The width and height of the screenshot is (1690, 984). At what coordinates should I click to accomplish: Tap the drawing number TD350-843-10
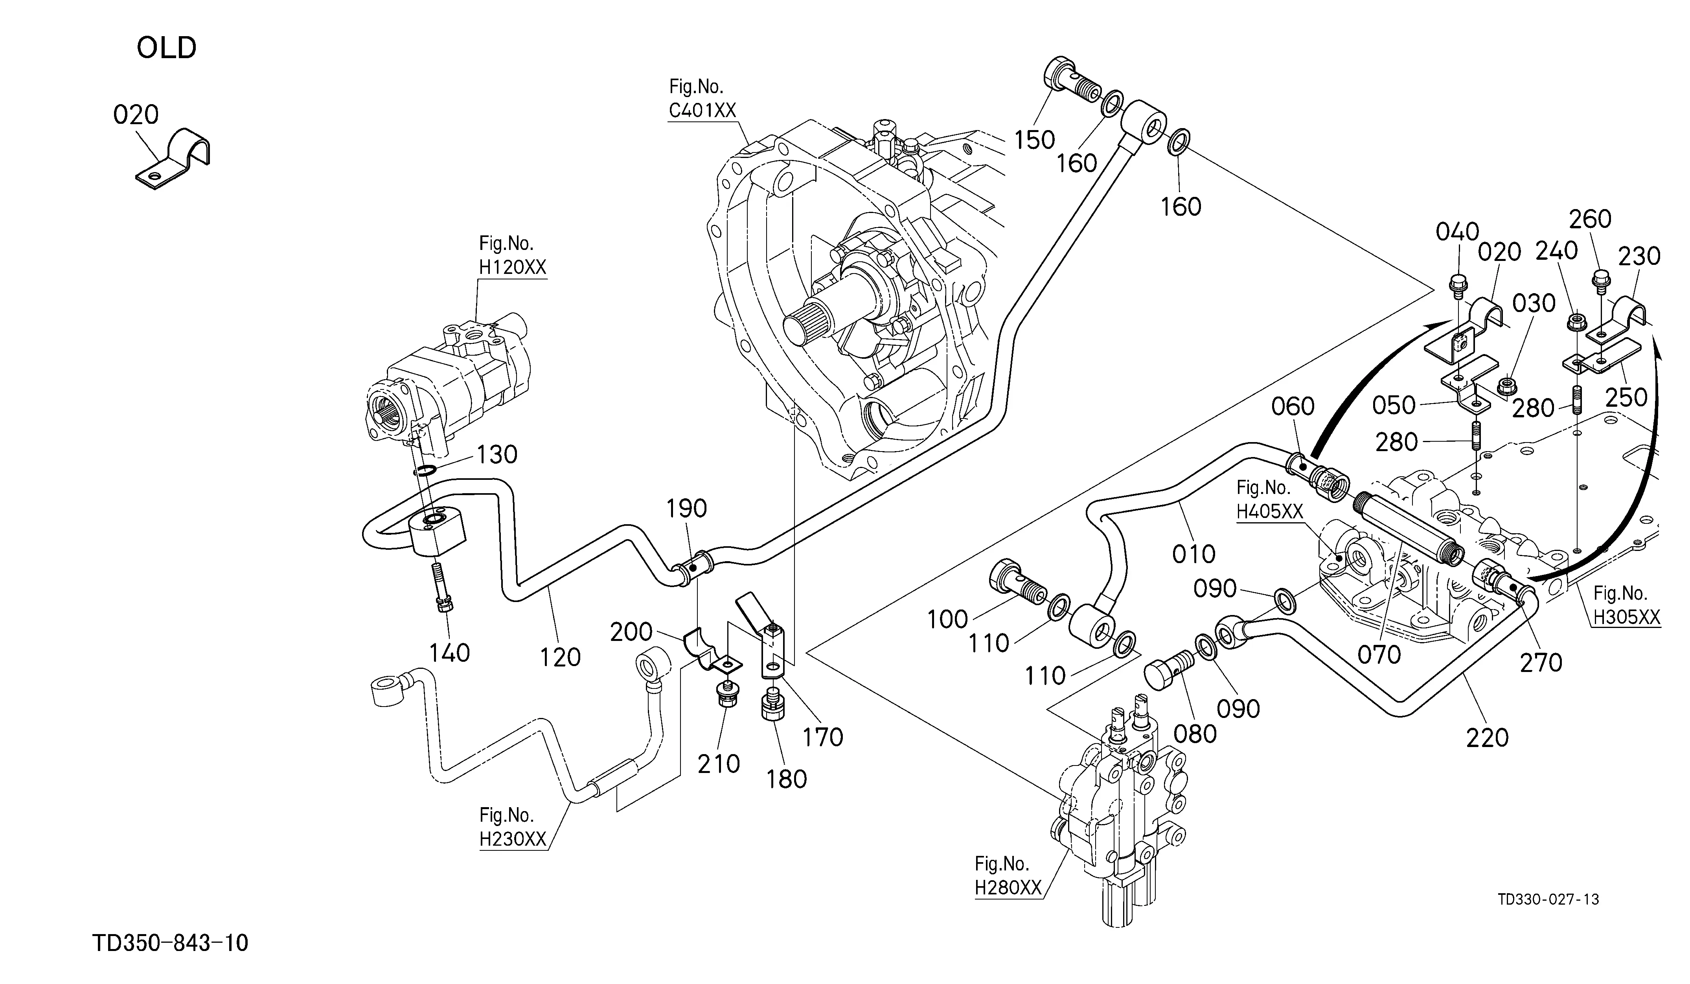tap(170, 943)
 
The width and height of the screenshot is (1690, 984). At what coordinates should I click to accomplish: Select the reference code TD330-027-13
tap(1548, 900)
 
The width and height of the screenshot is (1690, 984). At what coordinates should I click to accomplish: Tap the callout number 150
tap(1034, 140)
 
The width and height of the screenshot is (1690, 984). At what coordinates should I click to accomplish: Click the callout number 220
tap(1488, 738)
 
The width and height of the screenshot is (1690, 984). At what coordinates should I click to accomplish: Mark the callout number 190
tap(687, 509)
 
